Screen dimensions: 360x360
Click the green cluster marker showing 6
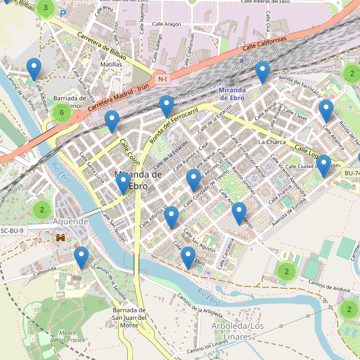61,112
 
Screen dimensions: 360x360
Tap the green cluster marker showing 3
46,8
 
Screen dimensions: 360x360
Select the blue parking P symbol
62,12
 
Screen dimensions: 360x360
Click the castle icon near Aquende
61,238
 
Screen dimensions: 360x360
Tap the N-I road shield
162,79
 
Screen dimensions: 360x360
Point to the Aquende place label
70,221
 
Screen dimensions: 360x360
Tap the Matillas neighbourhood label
111,64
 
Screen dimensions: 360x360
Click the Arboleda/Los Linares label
238,331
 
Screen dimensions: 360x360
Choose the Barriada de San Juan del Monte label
130,317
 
